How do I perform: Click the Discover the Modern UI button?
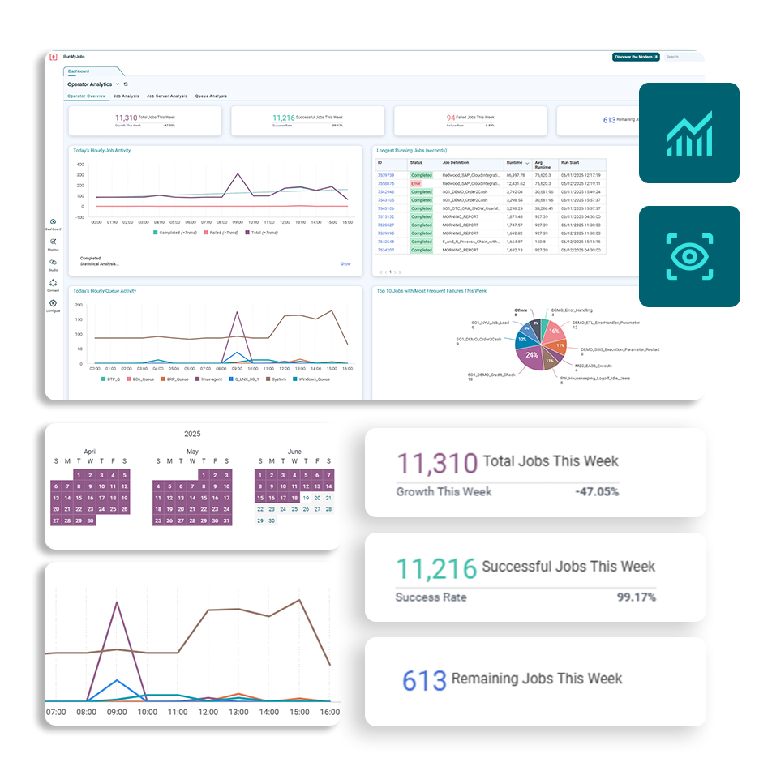(636, 57)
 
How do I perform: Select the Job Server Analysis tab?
(167, 96)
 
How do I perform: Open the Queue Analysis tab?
(212, 96)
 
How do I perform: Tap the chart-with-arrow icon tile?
(688, 133)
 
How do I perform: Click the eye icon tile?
(688, 256)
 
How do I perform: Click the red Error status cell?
(416, 183)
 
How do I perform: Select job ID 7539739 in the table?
(385, 175)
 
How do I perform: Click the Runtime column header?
(515, 163)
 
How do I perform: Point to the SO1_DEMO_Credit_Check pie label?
(491, 375)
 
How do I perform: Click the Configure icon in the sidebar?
(53, 305)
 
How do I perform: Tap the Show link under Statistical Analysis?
(345, 263)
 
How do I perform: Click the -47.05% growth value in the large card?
(597, 491)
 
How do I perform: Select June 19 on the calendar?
(306, 498)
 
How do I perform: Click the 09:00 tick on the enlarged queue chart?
(118, 711)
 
